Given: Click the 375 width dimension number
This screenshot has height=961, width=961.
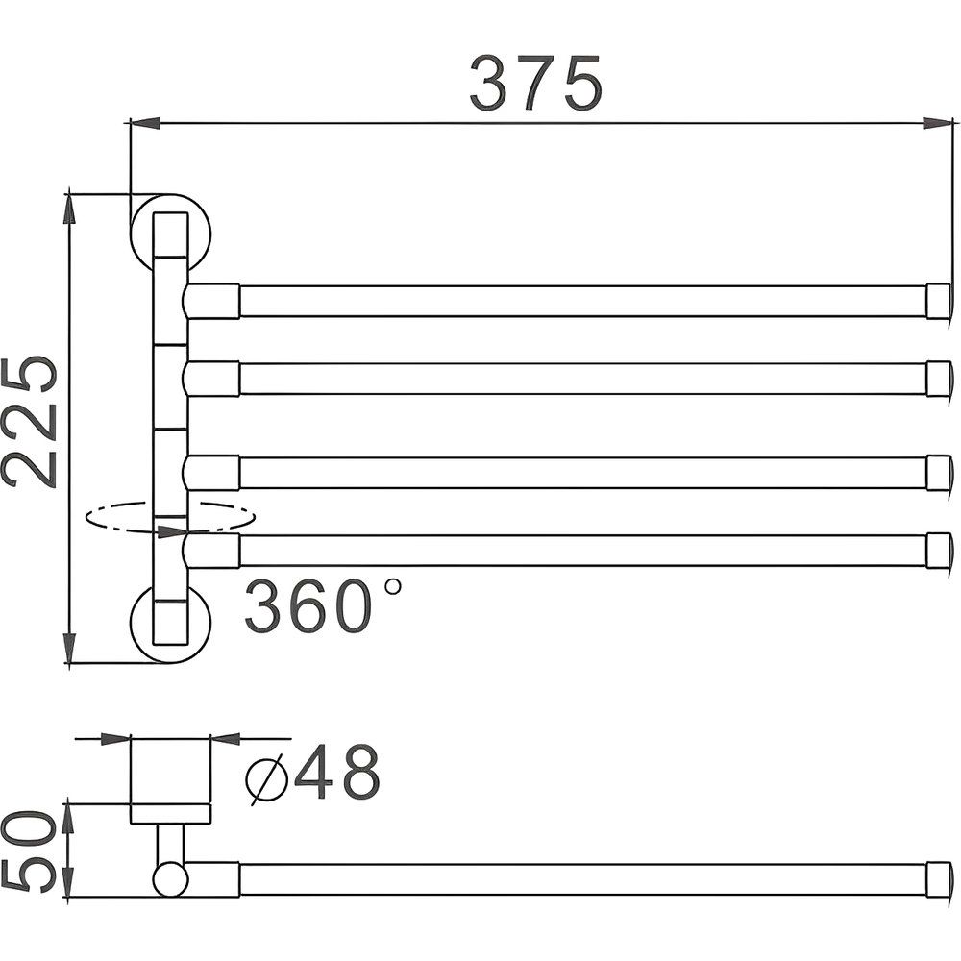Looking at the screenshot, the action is pos(536,84).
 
